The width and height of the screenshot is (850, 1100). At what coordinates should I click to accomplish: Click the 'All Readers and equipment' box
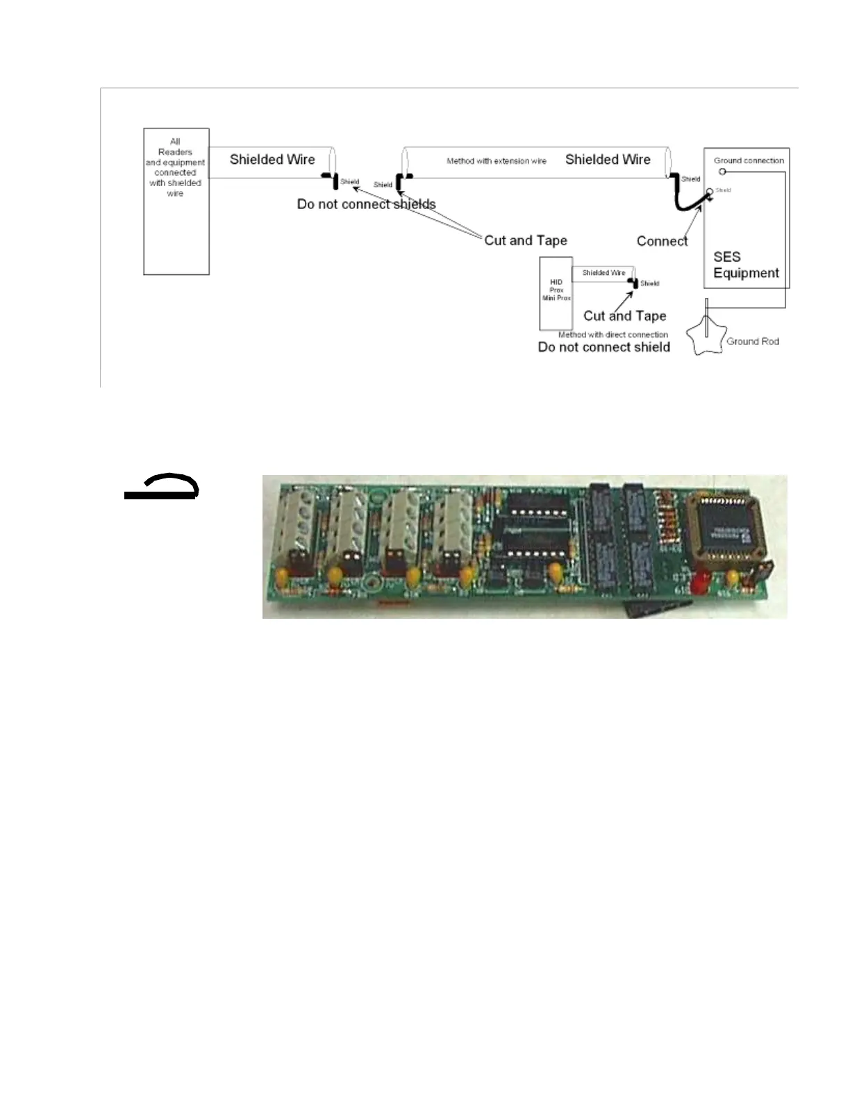point(176,201)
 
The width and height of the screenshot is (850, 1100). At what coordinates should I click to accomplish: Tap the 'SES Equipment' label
point(746,265)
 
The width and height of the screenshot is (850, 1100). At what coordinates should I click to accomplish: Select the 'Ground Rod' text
point(752,342)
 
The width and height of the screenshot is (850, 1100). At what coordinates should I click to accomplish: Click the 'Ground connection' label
point(749,160)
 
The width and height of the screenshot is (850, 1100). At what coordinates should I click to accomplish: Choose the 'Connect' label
point(662,241)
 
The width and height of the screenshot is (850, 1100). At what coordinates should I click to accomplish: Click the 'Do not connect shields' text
point(366,204)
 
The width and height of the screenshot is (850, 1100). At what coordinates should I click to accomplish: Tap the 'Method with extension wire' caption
point(496,161)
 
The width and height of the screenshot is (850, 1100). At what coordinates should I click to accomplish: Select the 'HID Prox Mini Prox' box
point(556,293)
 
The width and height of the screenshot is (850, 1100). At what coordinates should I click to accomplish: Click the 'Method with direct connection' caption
point(612,335)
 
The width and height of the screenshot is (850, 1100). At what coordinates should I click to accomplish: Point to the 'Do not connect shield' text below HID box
point(603,347)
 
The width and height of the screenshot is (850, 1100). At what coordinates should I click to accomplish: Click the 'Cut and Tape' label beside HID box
point(624,316)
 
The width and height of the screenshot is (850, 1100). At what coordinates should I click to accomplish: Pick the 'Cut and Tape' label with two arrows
point(525,241)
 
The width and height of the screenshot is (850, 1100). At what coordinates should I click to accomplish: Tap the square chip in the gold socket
point(726,532)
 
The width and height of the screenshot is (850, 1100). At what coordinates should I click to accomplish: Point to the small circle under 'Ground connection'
point(722,172)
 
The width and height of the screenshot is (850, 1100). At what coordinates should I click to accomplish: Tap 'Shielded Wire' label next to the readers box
point(272,160)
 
